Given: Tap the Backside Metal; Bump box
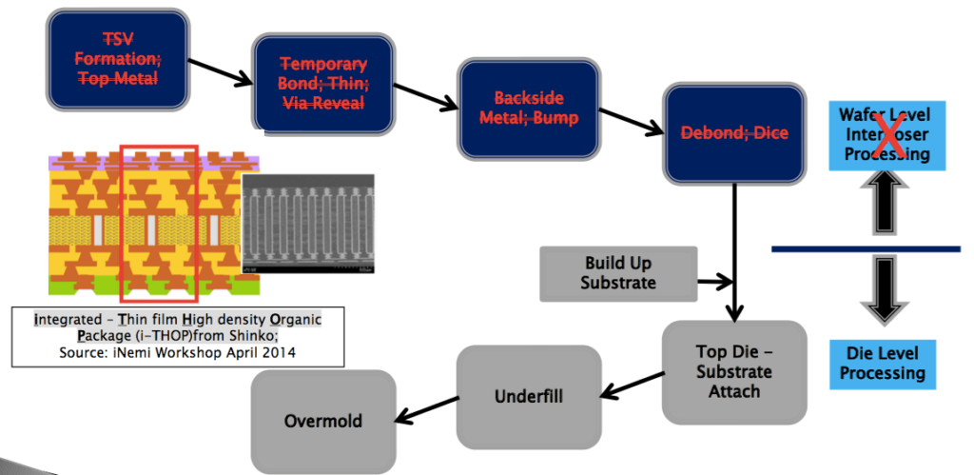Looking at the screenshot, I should coord(529,109).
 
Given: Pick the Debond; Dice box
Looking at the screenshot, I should coord(730,133).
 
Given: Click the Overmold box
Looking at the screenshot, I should coord(323,420).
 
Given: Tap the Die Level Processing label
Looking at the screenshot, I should coord(882,362).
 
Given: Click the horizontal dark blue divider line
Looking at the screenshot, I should coord(865,249).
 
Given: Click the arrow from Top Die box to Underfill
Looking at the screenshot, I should coord(633,386).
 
